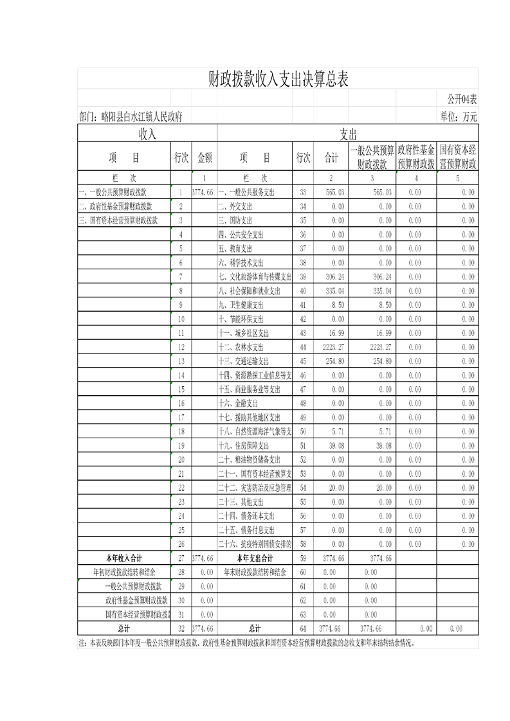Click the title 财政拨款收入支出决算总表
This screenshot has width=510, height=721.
(278, 80)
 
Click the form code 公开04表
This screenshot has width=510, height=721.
(462, 99)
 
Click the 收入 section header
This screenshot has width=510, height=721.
(147, 134)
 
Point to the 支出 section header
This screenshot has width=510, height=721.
(348, 134)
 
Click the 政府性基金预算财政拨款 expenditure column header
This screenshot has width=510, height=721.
(416, 157)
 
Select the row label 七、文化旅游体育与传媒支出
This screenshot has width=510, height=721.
(255, 276)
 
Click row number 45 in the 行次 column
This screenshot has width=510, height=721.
(303, 361)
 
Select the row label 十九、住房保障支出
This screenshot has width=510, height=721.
(244, 446)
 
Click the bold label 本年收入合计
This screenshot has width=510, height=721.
(123, 558)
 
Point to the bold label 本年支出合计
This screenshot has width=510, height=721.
(255, 558)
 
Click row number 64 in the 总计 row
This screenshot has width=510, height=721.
(303, 628)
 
